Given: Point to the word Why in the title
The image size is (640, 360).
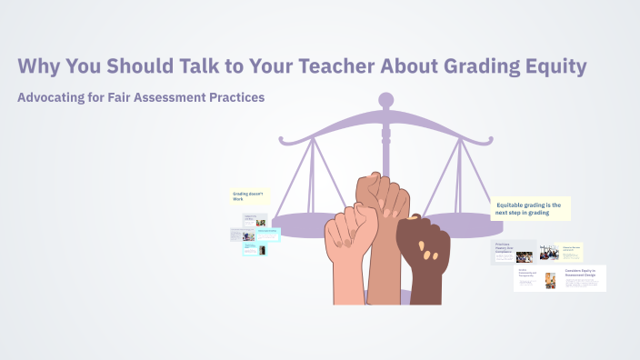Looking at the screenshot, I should (37, 66).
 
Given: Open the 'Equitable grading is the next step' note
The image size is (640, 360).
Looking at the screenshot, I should (530, 208).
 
